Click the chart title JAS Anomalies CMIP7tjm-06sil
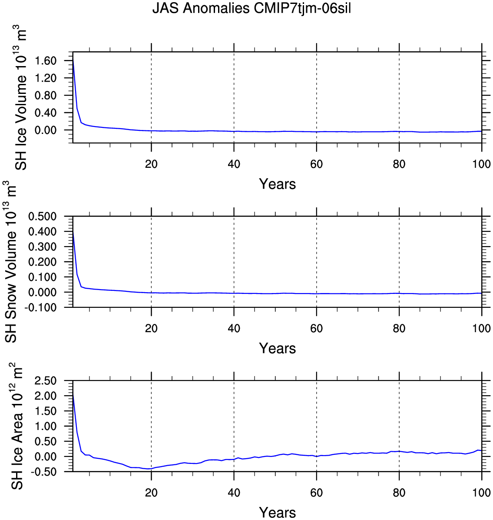tap(251, 8)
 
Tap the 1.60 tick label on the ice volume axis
tap(45, 61)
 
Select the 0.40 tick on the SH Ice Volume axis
tap(45, 113)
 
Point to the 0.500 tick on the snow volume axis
tap(43, 216)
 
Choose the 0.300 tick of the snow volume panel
tap(43, 247)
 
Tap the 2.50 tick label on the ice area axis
tap(45, 381)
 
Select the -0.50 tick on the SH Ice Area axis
tap(44, 472)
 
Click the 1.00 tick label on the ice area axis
tap(45, 426)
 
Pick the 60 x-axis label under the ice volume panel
tap(316, 164)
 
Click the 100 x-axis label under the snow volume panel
tap(481, 328)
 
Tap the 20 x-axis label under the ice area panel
tap(151, 493)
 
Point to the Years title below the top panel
tap(277, 184)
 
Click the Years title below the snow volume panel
tap(277, 348)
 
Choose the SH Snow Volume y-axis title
tap(10, 262)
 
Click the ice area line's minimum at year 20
tap(149, 469)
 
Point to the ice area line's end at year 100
tap(481, 451)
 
